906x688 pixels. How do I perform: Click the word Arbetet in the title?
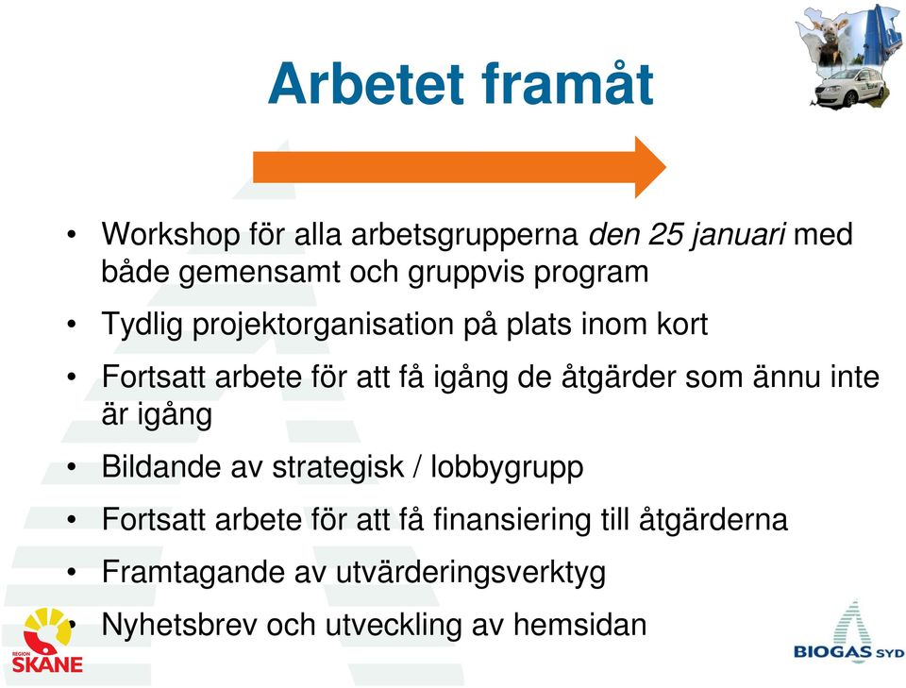coord(366,84)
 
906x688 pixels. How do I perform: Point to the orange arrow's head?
coord(650,167)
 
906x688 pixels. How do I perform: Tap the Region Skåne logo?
coord(47,640)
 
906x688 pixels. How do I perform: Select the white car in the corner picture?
coord(848,87)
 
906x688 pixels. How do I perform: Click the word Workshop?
coord(171,236)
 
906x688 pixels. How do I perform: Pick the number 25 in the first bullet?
coord(665,235)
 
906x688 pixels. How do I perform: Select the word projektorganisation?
coord(324,326)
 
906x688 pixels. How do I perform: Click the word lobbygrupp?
coord(507,467)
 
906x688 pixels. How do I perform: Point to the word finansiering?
coord(512,520)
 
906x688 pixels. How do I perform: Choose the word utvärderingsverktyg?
coord(470,573)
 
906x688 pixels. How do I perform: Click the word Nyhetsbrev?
coord(179,625)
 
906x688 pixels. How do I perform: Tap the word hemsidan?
coord(579,625)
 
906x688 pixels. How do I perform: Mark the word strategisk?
coord(338,467)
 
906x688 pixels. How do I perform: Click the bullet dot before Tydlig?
coord(71,324)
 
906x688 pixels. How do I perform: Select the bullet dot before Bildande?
coord(71,466)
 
